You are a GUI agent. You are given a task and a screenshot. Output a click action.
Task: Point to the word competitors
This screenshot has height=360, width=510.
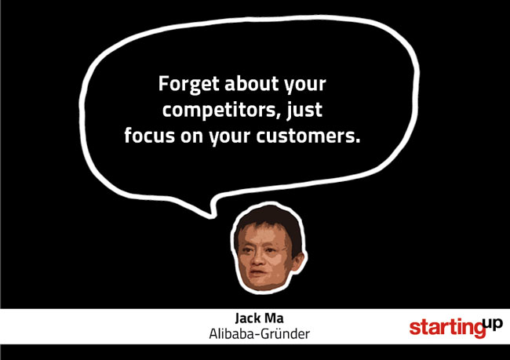click(219, 110)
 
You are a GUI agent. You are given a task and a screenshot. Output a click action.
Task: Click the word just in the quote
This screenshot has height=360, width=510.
click(304, 110)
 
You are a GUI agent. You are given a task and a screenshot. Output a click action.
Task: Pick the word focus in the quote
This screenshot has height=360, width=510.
click(150, 135)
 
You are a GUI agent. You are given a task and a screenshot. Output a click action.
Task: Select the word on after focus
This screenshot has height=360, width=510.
click(192, 137)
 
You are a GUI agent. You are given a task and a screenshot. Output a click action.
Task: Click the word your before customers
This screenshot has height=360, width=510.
click(230, 138)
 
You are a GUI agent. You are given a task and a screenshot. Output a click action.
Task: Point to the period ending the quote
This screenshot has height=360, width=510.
click(358, 141)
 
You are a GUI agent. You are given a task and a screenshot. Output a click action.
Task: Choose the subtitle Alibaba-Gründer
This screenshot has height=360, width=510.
click(259, 334)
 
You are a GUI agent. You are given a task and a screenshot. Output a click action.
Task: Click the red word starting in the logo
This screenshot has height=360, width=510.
click(447, 328)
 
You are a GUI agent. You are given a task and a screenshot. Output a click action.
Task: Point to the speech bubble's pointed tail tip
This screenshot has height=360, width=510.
click(212, 216)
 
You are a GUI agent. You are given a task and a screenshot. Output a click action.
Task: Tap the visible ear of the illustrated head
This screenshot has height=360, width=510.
click(297, 261)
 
